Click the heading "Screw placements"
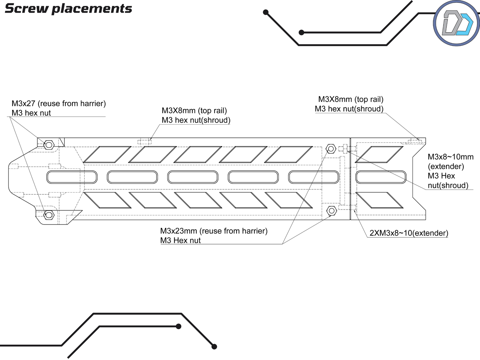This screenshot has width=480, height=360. [x=68, y=9]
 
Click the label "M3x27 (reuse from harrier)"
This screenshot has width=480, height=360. [x=58, y=104]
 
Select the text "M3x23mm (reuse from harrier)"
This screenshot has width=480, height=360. [x=214, y=231]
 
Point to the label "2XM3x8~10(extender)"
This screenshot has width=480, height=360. [x=409, y=233]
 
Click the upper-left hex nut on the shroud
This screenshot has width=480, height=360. [x=49, y=145]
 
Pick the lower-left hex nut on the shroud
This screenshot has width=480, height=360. [x=49, y=215]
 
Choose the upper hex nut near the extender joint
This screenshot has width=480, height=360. [x=331, y=148]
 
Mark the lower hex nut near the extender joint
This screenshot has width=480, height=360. [x=331, y=211]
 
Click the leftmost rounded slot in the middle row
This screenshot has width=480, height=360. [x=72, y=177]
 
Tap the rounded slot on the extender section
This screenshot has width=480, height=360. [x=381, y=177]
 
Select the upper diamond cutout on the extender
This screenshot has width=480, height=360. [x=379, y=154]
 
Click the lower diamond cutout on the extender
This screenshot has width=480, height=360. [x=379, y=200]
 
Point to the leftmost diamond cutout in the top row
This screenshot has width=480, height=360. [x=107, y=154]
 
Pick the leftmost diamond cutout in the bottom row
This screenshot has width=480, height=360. [x=107, y=200]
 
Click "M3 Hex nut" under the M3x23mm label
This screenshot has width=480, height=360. [x=180, y=240]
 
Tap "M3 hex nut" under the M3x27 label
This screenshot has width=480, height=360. [x=31, y=113]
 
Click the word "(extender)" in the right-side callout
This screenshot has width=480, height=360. [x=446, y=166]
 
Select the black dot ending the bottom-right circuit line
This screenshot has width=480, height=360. [x=214, y=347]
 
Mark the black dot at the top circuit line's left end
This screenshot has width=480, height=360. [x=266, y=12]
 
